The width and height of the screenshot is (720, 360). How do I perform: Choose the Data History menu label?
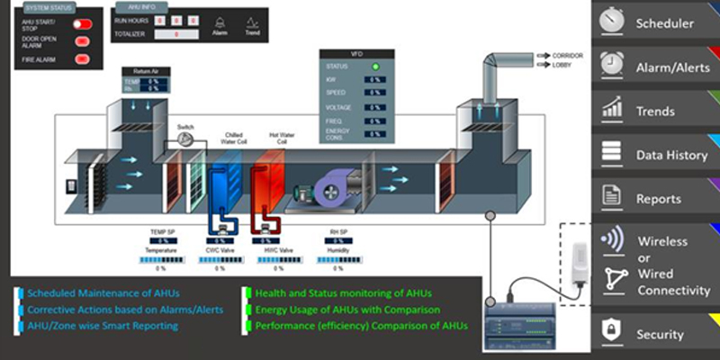click(671, 155)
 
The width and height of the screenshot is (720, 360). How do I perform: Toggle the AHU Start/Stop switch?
click(82, 24)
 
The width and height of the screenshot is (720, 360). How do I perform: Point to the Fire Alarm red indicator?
click(81, 59)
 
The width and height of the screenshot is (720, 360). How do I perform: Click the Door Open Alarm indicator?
click(81, 41)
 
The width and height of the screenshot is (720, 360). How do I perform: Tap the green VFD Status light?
click(376, 66)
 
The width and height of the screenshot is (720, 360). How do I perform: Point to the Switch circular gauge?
click(185, 139)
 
